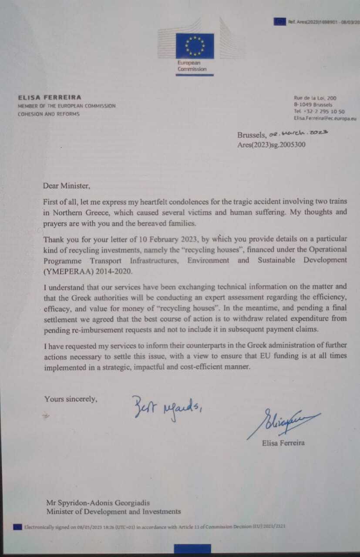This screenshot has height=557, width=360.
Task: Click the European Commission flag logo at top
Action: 195,46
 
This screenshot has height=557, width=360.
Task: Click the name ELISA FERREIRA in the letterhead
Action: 49,97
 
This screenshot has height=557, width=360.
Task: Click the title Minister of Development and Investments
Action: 113,512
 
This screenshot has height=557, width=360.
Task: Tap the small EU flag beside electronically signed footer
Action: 17,527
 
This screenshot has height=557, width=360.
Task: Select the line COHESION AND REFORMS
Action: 48,114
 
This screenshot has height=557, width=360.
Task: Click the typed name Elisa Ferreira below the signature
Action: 283,443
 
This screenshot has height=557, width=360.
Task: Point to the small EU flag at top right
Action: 279,21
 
